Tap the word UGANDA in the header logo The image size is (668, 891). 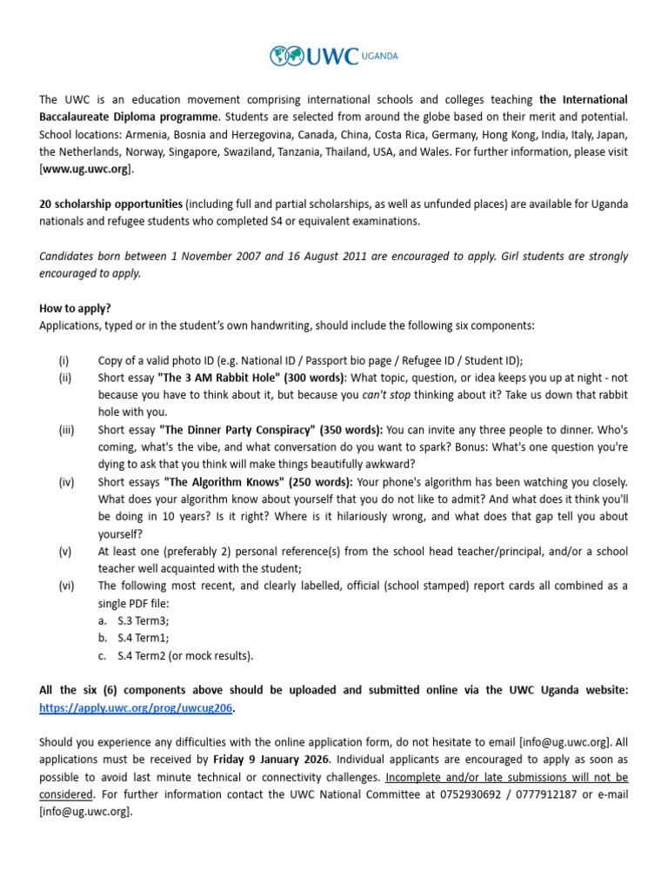380,57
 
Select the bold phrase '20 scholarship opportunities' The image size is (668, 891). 110,204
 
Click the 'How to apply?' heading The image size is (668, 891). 74,308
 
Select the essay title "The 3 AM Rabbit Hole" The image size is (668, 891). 220,378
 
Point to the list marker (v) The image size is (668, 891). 64,552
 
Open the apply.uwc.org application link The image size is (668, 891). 136,707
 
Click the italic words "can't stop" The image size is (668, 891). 388,395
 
